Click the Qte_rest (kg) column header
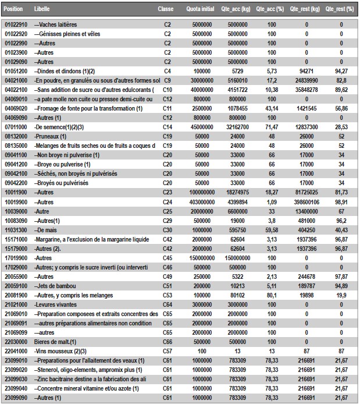point(308,10)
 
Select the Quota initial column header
point(199,10)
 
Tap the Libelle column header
point(42,10)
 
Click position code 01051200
point(14,70)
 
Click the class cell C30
point(167,230)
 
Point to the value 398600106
point(306,201)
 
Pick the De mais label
point(49,230)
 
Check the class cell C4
point(167,70)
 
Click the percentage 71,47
point(272,126)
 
